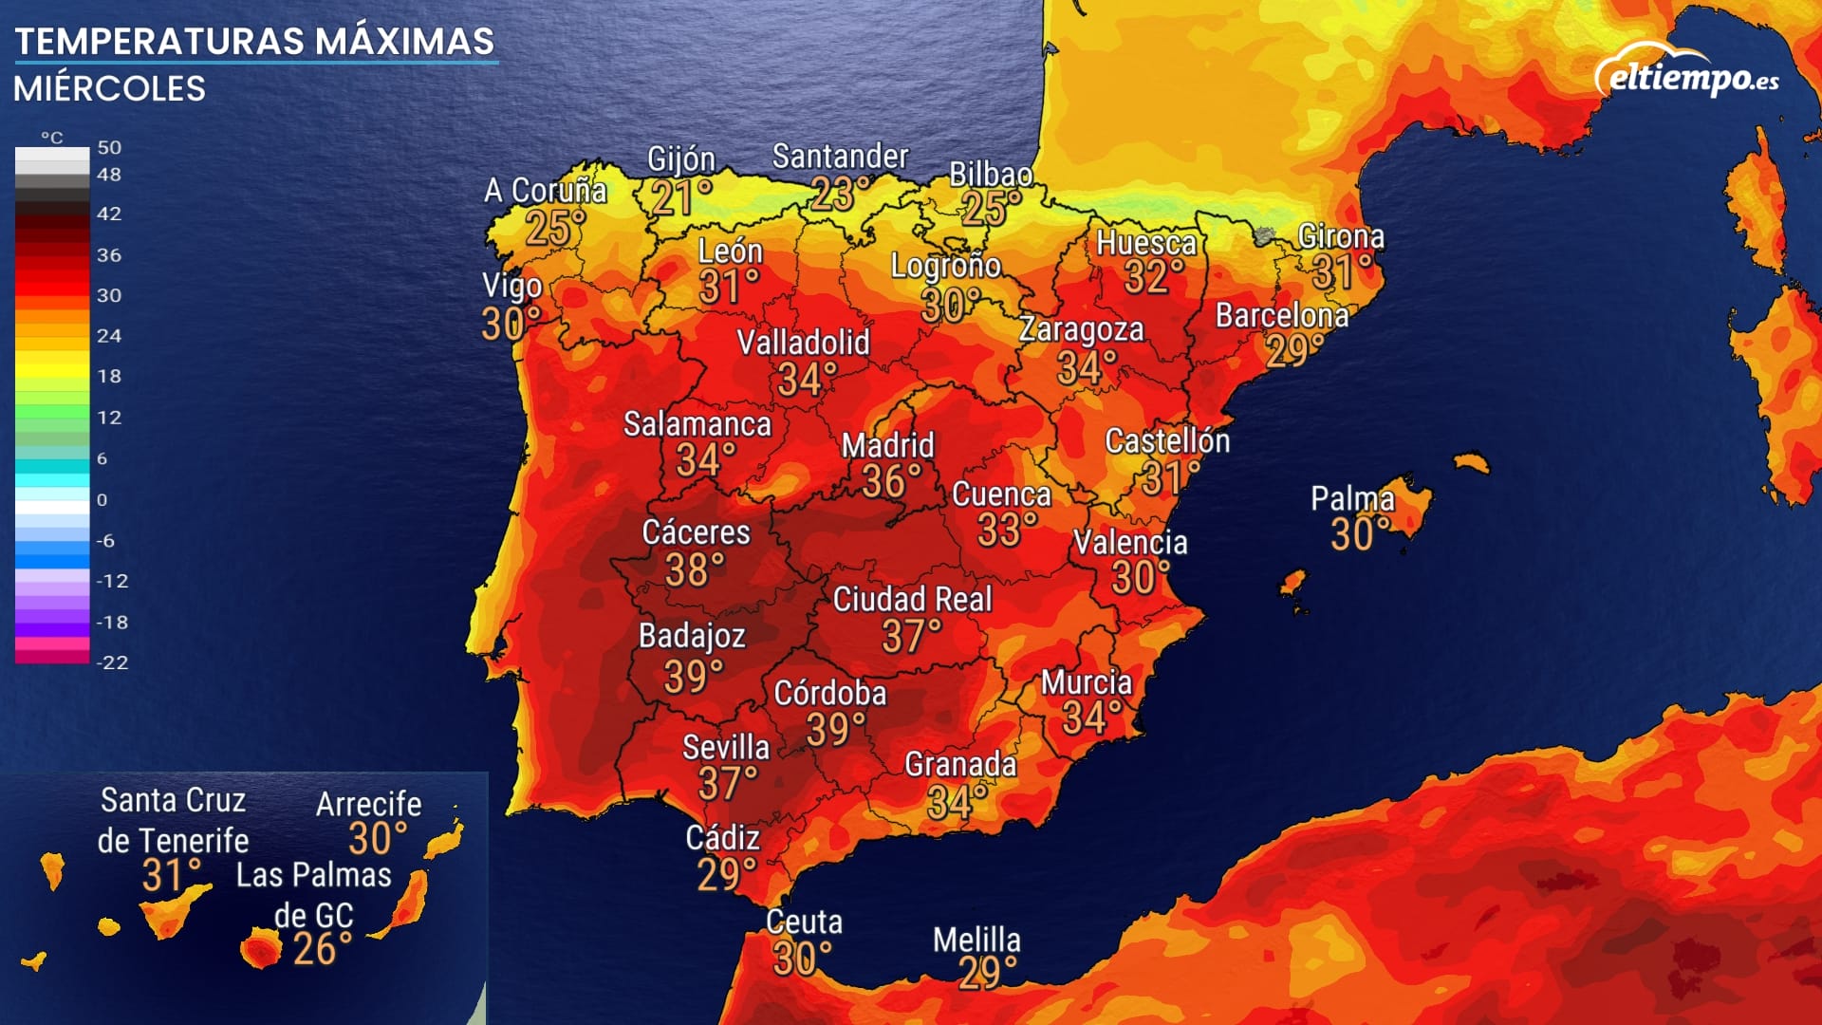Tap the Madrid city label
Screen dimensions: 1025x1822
(887, 445)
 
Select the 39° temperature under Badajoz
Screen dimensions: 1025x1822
(693, 677)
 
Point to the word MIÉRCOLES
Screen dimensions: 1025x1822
(109, 88)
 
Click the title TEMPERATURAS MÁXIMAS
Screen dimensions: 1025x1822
(254, 41)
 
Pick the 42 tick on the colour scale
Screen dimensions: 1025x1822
(109, 214)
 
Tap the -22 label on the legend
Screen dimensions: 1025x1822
(112, 662)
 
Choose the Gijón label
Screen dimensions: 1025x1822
(680, 159)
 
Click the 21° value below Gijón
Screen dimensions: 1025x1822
(680, 198)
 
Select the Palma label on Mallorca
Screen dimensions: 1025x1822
(1352, 498)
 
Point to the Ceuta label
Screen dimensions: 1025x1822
(804, 922)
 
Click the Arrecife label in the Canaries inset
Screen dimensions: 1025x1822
(368, 804)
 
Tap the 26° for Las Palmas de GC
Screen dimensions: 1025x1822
(322, 949)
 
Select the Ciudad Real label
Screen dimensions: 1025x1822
(912, 599)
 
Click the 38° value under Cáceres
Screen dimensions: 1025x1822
(695, 570)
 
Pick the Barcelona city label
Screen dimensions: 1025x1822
(1281, 315)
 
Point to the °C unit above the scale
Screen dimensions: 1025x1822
(52, 138)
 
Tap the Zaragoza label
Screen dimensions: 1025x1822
(1081, 329)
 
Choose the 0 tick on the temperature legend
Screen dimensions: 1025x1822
(102, 499)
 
